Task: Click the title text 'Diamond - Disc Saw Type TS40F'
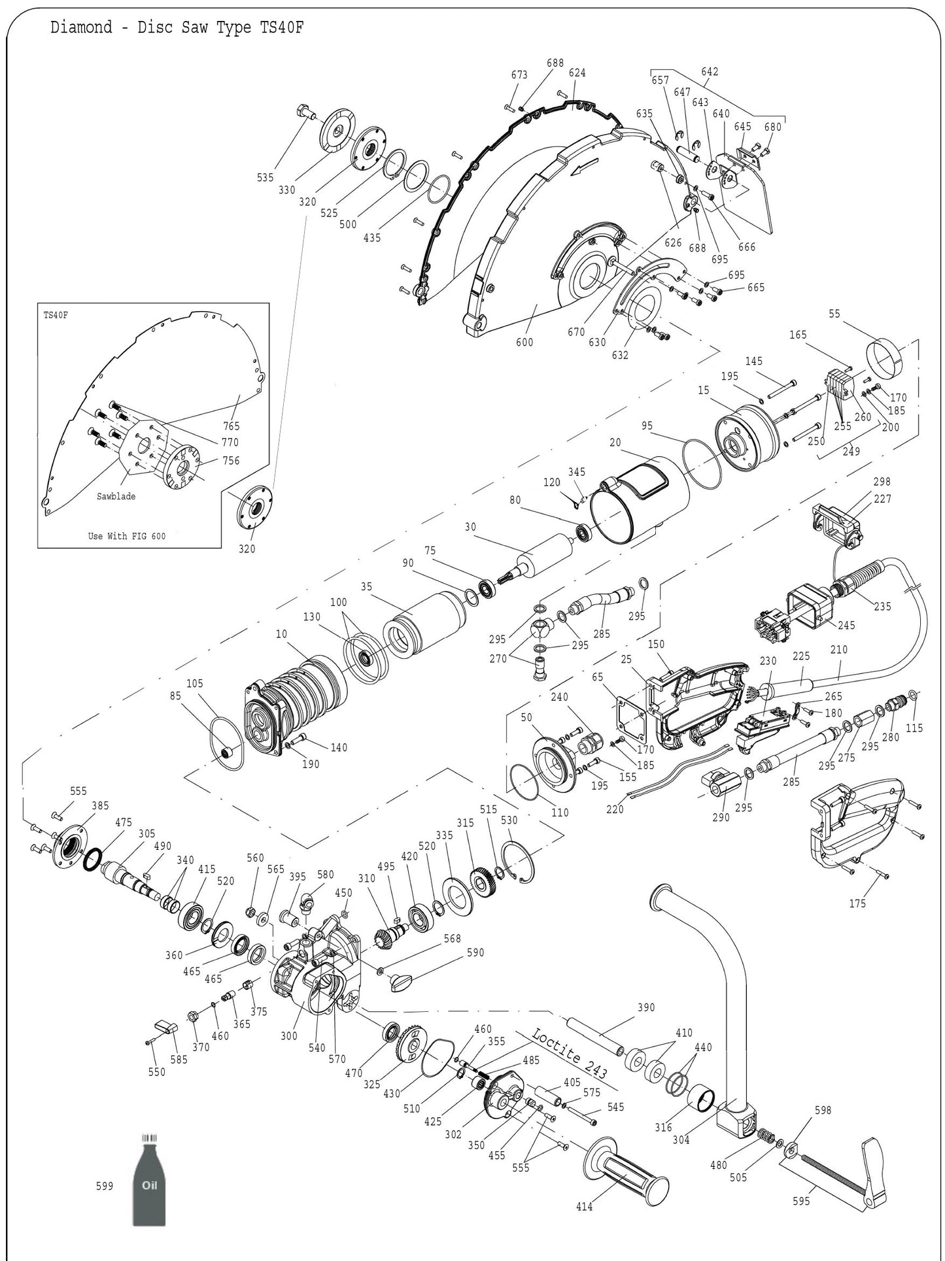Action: [177, 28]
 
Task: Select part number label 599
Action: [105, 1186]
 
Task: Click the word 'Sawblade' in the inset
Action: [116, 496]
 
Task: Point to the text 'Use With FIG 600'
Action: [127, 536]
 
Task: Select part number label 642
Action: [710, 71]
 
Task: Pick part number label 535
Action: [265, 177]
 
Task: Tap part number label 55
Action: [834, 314]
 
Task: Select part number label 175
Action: [857, 903]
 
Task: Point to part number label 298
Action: [882, 482]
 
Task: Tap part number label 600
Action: [524, 342]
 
